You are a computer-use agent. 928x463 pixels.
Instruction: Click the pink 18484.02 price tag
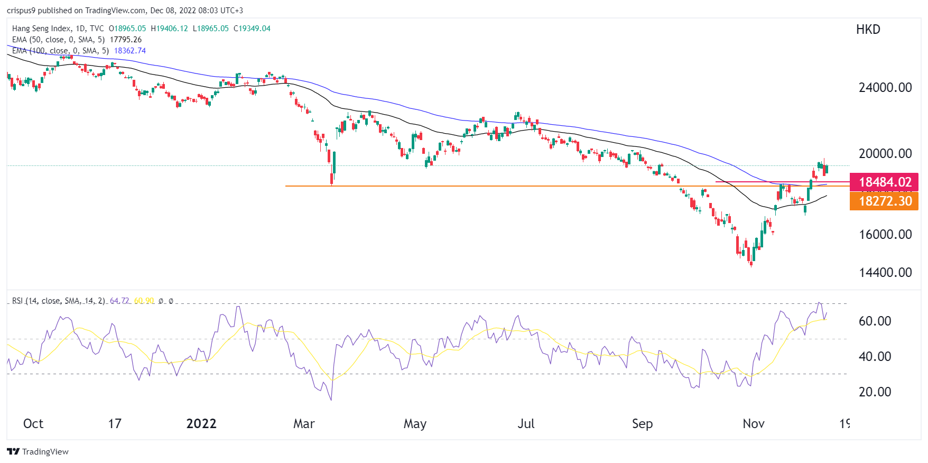tap(884, 182)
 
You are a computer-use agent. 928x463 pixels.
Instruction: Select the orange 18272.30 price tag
tap(884, 201)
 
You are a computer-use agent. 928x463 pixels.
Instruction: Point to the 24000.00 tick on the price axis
tap(885, 88)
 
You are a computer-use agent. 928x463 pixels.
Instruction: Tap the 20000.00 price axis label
tap(885, 154)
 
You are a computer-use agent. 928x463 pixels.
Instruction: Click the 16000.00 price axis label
tap(885, 235)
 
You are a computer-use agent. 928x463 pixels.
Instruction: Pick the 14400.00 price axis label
tap(885, 273)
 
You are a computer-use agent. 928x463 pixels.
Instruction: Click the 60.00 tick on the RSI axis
tap(875, 321)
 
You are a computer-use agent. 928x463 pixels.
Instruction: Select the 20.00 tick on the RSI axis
tap(875, 392)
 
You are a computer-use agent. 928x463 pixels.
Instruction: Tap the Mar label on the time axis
tap(304, 424)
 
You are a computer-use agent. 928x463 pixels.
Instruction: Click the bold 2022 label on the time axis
tap(201, 424)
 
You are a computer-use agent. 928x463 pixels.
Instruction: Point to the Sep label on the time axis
tap(642, 424)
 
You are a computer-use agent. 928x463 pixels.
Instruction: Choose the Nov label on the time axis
tap(753, 424)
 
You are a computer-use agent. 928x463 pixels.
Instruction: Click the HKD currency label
tap(868, 30)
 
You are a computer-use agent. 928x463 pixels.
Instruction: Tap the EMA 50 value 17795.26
tap(126, 40)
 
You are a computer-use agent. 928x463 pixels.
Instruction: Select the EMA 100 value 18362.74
tap(130, 51)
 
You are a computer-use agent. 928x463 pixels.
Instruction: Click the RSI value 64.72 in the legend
tap(119, 301)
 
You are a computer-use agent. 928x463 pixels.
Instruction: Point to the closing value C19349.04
tap(252, 29)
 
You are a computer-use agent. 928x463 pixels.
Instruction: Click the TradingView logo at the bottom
tap(38, 451)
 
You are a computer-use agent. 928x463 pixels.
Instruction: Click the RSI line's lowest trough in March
tap(331, 400)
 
